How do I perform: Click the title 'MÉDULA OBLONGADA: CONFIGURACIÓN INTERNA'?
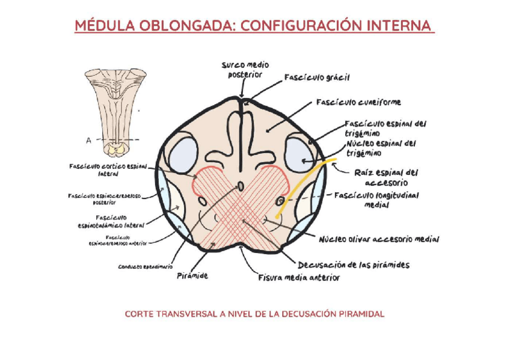[254, 26]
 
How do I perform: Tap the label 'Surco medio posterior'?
[245, 69]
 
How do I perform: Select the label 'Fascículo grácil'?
[317, 78]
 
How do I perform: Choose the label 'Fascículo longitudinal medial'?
[377, 200]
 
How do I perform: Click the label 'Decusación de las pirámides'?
[354, 264]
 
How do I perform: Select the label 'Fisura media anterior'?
[299, 278]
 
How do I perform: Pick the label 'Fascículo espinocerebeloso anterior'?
[118, 241]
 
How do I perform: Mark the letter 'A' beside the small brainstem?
[88, 140]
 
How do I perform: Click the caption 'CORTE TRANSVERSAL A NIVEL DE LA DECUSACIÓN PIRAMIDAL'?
[254, 314]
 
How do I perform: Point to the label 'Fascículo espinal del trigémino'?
[386, 127]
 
